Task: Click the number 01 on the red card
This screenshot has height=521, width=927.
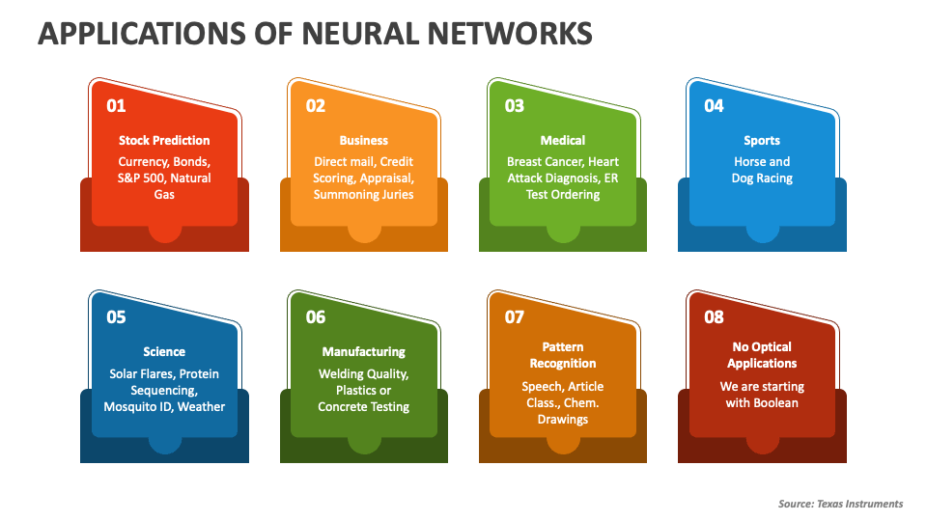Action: point(116,106)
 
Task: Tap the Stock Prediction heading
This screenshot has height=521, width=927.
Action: point(164,141)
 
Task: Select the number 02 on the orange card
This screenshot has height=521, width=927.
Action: point(316,106)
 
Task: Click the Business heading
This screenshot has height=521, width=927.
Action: point(364,141)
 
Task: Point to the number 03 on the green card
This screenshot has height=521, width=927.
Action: point(515,106)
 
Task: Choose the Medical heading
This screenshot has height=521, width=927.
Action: point(563,141)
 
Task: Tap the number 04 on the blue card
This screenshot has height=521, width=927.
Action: point(714,106)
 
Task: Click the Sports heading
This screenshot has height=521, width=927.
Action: point(762,141)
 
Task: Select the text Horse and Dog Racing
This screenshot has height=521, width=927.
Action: point(762,170)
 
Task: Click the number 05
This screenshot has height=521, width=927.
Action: point(116,317)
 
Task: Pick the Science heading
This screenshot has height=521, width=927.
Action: point(164,352)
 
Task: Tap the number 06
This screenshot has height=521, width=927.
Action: point(316,317)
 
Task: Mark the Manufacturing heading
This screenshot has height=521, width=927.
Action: point(364,352)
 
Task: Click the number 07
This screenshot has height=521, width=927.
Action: point(515,317)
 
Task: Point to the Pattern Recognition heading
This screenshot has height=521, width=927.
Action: point(563,355)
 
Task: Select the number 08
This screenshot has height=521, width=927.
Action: point(714,317)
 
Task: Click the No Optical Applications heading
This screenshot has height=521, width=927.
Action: point(762,355)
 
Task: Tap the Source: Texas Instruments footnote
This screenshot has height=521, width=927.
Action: point(840,504)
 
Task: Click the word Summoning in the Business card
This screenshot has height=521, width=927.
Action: point(346,195)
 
